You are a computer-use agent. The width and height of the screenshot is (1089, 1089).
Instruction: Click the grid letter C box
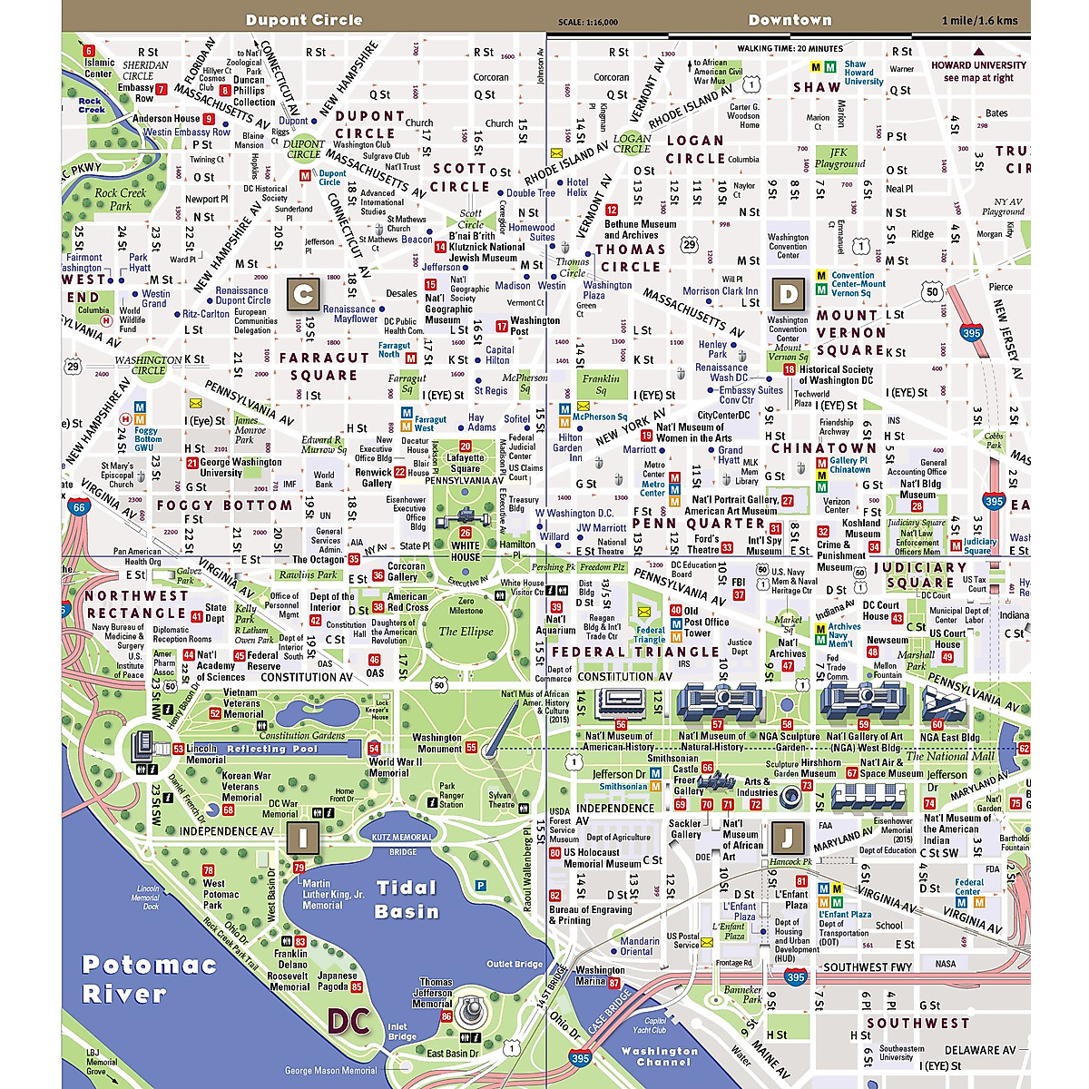[303, 294]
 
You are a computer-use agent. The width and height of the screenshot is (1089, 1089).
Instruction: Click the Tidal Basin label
[407, 899]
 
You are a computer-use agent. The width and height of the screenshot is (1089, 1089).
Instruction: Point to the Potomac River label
[149, 978]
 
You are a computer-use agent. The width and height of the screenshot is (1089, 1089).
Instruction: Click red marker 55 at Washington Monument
[471, 748]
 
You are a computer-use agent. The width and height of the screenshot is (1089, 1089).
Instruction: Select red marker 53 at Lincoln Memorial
[179, 749]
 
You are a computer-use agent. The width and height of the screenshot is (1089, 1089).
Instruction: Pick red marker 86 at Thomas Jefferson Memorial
[446, 1016]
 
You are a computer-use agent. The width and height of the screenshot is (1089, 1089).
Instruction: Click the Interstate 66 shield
[79, 508]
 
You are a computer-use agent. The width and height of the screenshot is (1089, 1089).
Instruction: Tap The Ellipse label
[466, 632]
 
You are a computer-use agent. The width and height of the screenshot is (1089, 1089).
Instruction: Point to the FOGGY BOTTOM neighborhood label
[224, 505]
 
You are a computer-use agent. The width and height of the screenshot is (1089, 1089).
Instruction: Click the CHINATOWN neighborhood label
[823, 447]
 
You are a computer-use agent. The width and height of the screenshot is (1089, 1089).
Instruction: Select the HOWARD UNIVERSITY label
[978, 65]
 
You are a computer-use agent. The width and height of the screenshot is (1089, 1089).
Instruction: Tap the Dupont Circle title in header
[303, 20]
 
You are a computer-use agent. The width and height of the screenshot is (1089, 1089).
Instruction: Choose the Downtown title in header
[790, 20]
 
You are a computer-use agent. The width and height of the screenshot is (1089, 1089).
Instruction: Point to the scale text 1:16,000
[588, 22]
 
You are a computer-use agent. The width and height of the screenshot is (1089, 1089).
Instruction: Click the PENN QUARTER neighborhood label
[699, 524]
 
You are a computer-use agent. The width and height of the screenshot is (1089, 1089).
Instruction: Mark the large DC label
[348, 1022]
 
